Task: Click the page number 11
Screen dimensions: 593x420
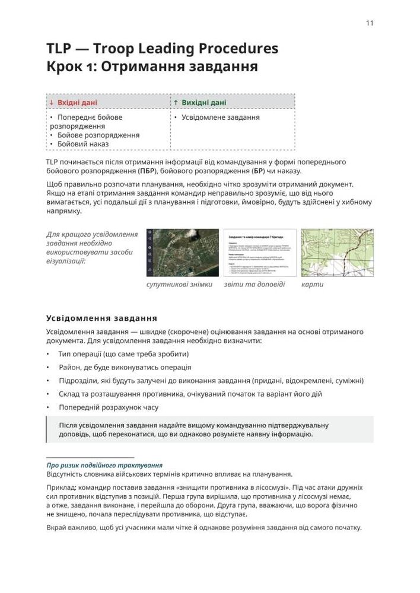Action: (x=369, y=23)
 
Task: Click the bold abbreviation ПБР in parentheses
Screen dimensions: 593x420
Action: (x=145, y=171)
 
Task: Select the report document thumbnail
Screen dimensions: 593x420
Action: (x=259, y=252)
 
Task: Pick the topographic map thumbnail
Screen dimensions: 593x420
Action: (x=329, y=252)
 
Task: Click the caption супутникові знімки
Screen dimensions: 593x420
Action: (x=179, y=285)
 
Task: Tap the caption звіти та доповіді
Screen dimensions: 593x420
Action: (x=254, y=285)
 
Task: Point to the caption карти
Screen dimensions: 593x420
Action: (x=313, y=285)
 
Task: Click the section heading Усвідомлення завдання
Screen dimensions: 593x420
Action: (x=101, y=318)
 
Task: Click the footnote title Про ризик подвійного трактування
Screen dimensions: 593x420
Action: (x=104, y=466)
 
